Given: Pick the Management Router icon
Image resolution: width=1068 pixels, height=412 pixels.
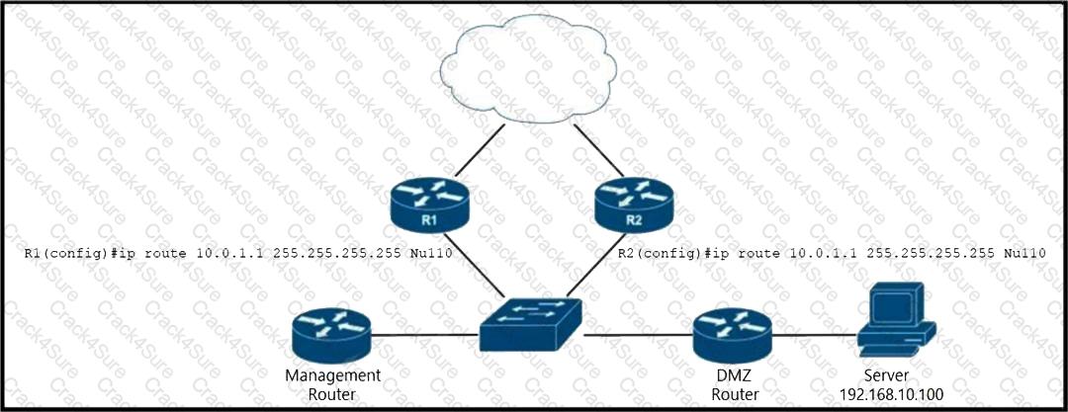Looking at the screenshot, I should coord(330,335).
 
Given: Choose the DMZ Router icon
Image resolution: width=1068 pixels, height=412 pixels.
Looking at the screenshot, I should coord(732,335).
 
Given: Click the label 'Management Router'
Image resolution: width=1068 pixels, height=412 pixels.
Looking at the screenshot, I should coord(332,384).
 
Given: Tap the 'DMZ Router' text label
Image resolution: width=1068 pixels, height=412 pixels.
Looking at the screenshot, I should coord(732,384).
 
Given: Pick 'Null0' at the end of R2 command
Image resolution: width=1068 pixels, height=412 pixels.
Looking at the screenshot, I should coord(1024,253).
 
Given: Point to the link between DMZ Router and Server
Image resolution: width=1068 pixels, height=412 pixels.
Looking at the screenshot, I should coord(811,335).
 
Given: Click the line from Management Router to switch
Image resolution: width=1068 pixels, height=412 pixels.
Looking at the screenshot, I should coord(425,335).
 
